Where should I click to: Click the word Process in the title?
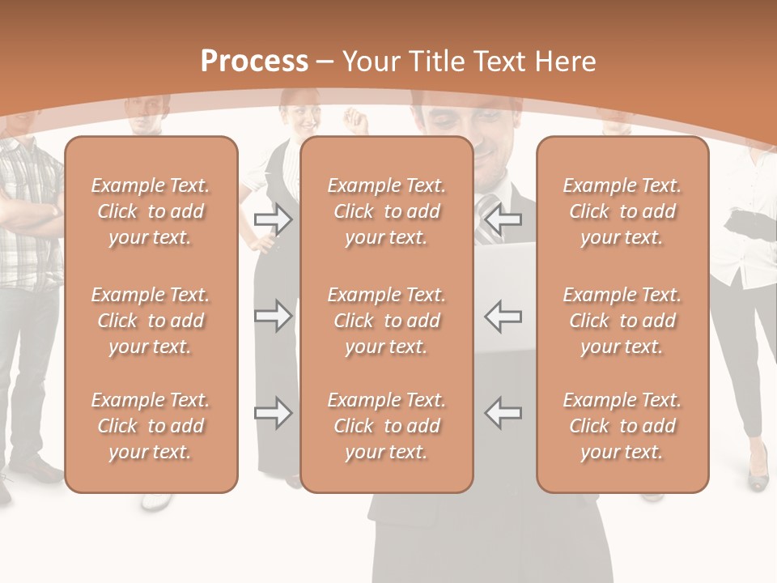pos(254,62)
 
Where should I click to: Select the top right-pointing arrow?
pos(274,219)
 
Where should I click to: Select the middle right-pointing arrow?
pos(274,316)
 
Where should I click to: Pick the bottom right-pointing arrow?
pos(274,413)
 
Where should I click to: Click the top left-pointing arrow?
pos(503,219)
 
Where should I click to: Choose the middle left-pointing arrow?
pos(503,316)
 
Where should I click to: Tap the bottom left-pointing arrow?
pos(503,413)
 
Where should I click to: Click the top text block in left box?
pos(151,211)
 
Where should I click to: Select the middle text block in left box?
pos(151,321)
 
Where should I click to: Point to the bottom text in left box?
pos(151,426)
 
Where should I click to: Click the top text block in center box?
pos(387,211)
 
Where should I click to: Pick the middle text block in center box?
pos(387,321)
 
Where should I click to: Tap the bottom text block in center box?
pos(387,426)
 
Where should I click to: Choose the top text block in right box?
pos(622,211)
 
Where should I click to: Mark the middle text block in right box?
pos(622,321)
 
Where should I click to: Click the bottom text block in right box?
pos(622,426)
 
